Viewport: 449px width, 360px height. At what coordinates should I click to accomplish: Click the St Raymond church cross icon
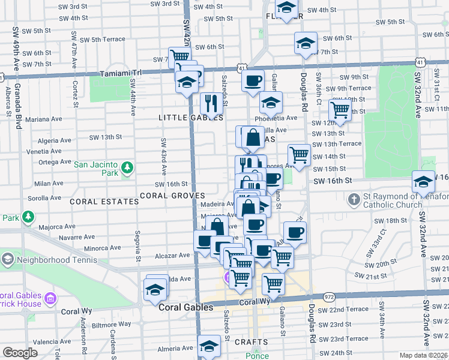pyautogui.click(x=354, y=198)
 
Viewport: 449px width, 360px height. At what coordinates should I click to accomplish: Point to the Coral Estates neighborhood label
pyautogui.click(x=104, y=202)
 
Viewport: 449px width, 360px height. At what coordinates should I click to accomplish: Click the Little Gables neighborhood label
pyautogui.click(x=182, y=118)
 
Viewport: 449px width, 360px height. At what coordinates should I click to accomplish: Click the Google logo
pyautogui.click(x=20, y=353)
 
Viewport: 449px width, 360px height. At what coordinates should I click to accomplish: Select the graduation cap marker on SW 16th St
pyautogui.click(x=422, y=181)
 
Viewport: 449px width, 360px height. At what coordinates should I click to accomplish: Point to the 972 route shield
pyautogui.click(x=328, y=297)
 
